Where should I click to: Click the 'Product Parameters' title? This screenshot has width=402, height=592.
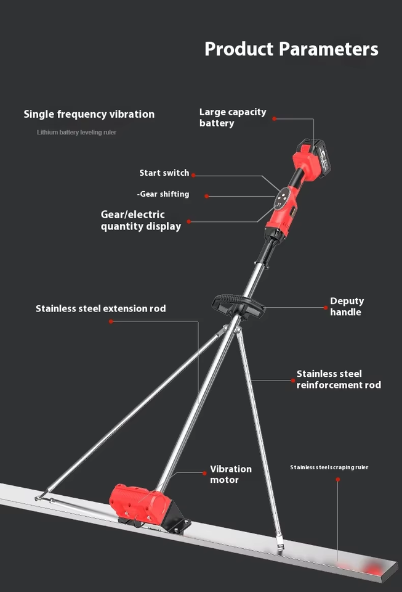(291, 49)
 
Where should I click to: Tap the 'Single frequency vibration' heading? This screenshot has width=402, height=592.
(89, 114)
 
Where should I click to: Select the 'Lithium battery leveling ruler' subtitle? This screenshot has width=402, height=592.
(76, 133)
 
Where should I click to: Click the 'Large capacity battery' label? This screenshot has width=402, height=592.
(232, 117)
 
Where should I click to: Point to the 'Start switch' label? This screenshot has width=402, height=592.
(164, 173)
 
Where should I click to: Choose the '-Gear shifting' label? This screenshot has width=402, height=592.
(163, 194)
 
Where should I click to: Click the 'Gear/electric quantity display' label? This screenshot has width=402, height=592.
(141, 220)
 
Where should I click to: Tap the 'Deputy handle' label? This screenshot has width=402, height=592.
(347, 306)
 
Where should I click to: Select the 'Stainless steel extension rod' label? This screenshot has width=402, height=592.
(100, 308)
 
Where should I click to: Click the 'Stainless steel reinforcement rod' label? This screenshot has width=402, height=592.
(339, 379)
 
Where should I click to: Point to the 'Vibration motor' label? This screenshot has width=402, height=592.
(231, 474)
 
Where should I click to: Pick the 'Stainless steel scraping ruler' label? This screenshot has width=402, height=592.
(329, 467)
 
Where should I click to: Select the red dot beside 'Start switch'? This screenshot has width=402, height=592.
(193, 175)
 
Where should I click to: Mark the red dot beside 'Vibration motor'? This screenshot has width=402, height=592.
(204, 474)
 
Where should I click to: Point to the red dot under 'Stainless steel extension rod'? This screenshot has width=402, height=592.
(111, 321)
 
